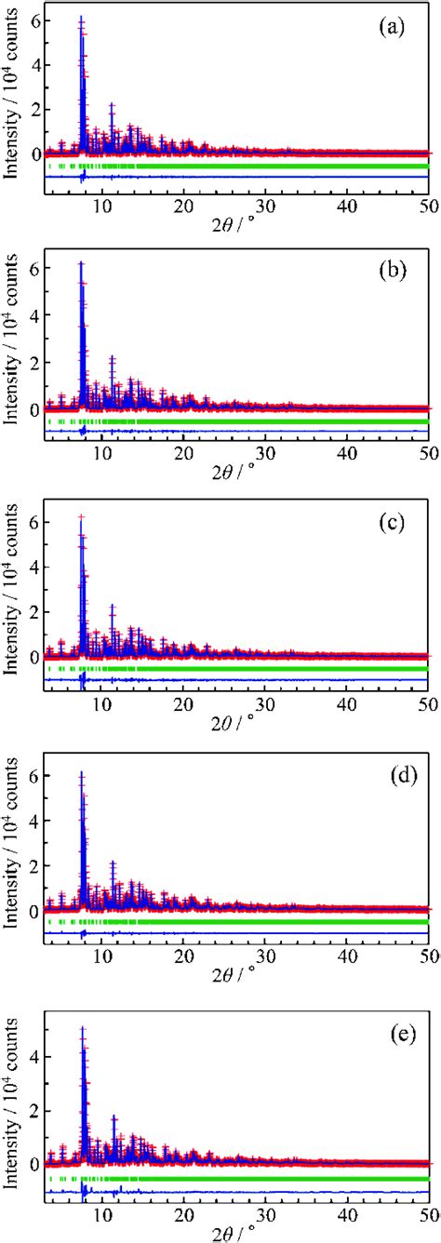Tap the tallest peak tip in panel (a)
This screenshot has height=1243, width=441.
pyautogui.click(x=81, y=18)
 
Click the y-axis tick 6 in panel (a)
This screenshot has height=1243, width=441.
pyautogui.click(x=33, y=20)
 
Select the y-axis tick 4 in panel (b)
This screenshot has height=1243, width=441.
pyautogui.click(x=33, y=315)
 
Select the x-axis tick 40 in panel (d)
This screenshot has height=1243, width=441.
pyautogui.click(x=346, y=956)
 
